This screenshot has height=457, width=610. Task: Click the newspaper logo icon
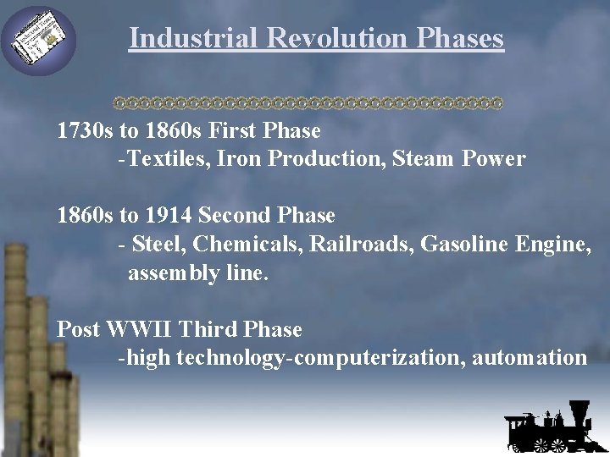39,40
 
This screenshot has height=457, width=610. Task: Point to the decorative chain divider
308,103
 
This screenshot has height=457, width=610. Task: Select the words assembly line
197,273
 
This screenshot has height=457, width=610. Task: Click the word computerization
377,358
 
